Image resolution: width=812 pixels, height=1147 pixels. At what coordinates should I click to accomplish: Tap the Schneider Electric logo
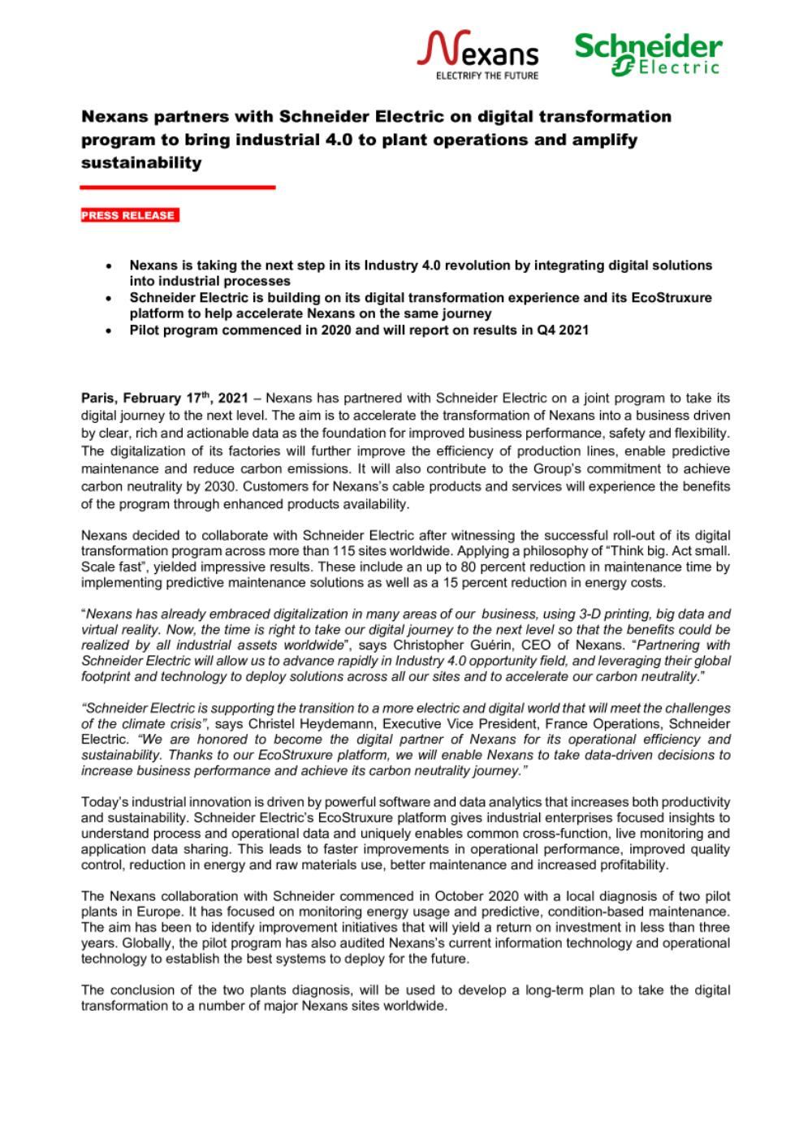[x=648, y=54]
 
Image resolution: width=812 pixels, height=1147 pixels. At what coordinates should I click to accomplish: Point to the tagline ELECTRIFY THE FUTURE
[x=487, y=75]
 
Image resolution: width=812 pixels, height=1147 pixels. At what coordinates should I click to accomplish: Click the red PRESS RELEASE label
[x=129, y=215]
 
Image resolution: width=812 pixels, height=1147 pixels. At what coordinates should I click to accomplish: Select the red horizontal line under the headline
[x=178, y=188]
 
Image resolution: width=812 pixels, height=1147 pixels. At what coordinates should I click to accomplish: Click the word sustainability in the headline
[x=141, y=162]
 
